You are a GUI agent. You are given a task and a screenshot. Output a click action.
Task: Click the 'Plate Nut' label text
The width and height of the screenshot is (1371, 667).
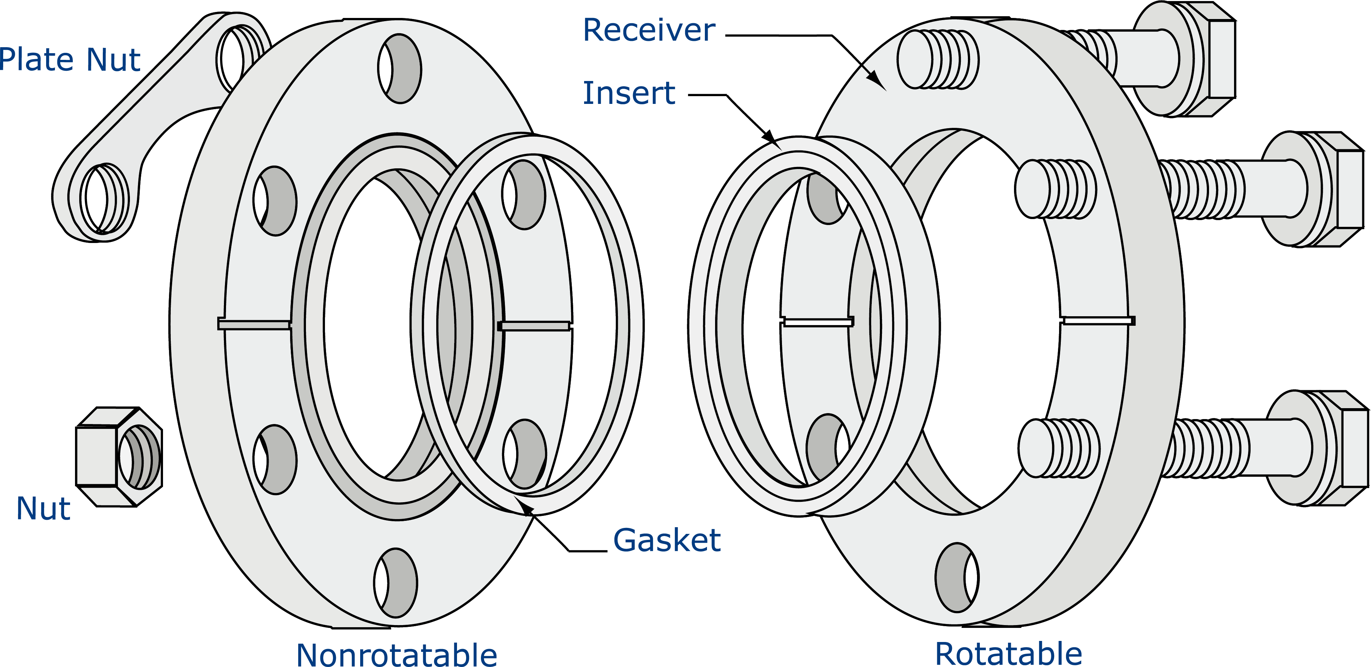pos(70,59)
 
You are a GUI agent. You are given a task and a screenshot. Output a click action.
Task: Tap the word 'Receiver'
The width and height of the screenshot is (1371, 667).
pos(649,30)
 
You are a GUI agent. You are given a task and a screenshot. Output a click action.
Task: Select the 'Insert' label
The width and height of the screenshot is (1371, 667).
pos(629,93)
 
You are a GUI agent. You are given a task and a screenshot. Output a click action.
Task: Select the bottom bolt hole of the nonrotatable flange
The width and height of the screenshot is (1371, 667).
pos(395,583)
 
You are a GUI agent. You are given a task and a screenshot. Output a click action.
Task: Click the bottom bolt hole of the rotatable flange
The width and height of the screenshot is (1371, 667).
pos(956,578)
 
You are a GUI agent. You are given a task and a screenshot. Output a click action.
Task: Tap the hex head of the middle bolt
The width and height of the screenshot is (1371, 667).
pos(1320,189)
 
